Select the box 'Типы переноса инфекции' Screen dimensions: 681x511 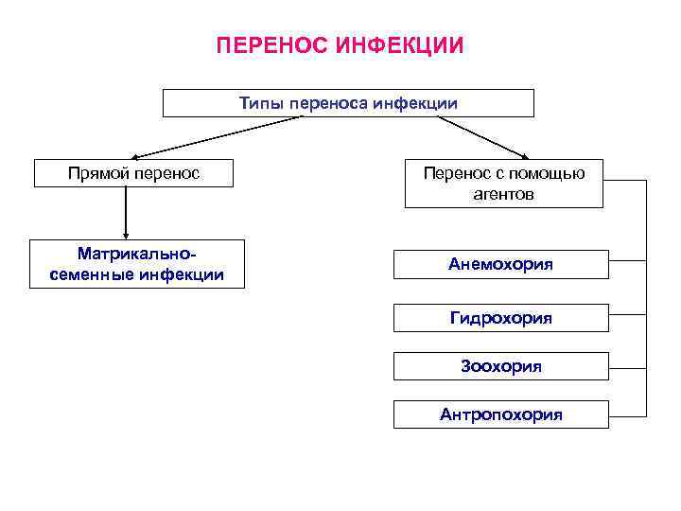pyautogui.click(x=348, y=103)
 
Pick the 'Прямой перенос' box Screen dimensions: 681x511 pyautogui.click(x=133, y=174)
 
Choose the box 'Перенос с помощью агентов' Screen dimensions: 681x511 pyautogui.click(x=503, y=185)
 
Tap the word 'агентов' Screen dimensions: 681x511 pyautogui.click(x=503, y=195)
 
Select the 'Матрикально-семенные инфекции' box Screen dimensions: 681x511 pyautogui.click(x=136, y=264)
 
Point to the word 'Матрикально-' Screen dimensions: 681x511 pyautogui.click(x=136, y=255)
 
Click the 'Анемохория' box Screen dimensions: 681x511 pyautogui.click(x=500, y=264)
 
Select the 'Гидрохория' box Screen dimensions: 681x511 pyautogui.click(x=500, y=318)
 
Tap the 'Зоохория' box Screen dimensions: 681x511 pyautogui.click(x=500, y=366)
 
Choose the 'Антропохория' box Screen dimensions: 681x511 pyautogui.click(x=500, y=414)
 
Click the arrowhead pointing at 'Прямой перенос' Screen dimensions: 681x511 pyautogui.click(x=135, y=155)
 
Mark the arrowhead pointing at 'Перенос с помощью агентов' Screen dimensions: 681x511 pyautogui.click(x=528, y=155)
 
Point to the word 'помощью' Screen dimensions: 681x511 pyautogui.click(x=550, y=174)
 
